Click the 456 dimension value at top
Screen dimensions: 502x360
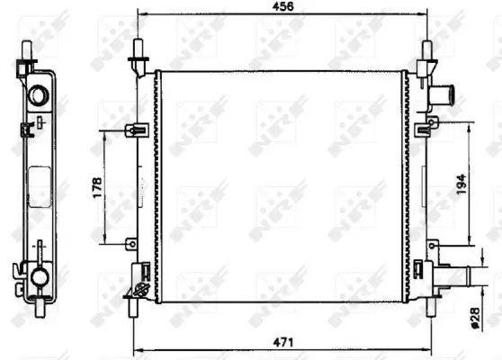(282, 6)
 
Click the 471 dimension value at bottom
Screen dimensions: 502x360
(283, 342)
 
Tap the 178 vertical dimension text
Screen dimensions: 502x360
(97, 187)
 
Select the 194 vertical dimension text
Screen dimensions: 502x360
(461, 184)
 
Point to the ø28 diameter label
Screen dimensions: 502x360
(475, 318)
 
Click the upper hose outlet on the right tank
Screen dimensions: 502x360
(443, 95)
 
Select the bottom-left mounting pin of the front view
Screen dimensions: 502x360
(132, 307)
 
